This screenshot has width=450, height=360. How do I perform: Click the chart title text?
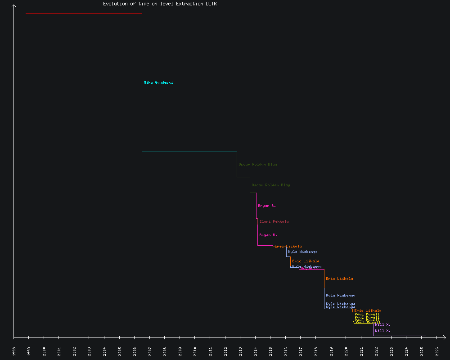(160, 4)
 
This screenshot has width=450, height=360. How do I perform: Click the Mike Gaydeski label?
(158, 82)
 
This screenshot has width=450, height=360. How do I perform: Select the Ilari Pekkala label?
(274, 221)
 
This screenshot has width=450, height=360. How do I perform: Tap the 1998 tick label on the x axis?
(14, 351)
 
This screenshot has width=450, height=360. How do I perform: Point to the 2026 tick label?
(437, 351)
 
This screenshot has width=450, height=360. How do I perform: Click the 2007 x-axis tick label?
(150, 351)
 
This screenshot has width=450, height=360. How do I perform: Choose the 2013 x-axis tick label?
(240, 351)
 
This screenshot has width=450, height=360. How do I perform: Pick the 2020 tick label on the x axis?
(346, 351)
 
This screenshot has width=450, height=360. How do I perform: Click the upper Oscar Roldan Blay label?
(258, 164)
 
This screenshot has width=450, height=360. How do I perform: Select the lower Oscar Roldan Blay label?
(271, 185)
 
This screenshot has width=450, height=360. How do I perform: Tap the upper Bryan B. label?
(267, 206)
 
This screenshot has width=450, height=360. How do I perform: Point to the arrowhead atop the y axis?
(14, 6)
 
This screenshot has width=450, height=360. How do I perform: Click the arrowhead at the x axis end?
(444, 337)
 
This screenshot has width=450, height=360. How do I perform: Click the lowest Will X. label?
(382, 331)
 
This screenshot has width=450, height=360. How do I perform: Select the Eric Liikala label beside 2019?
(339, 279)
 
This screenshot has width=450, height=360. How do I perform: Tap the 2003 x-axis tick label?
(90, 351)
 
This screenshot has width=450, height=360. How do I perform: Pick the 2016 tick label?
(286, 351)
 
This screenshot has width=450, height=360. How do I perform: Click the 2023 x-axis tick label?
(391, 351)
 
